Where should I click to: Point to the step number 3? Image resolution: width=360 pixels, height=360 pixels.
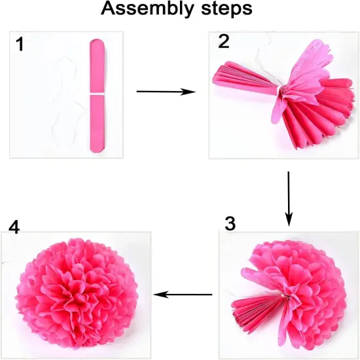point(229,223)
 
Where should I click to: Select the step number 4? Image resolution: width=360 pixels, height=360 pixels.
point(14,226)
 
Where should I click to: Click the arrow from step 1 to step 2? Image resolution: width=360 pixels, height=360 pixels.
point(166,92)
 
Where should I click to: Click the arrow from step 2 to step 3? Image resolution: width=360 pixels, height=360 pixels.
point(289,196)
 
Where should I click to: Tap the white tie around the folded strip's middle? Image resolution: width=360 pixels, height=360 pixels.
point(97,96)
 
